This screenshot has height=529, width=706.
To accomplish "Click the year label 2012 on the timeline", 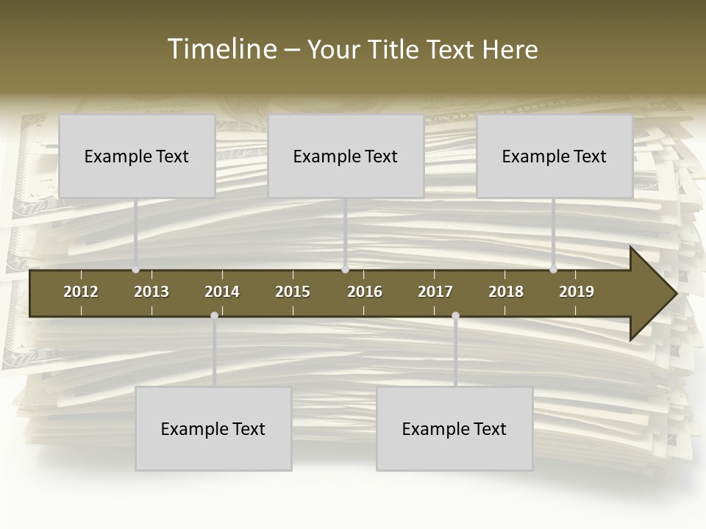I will tap(81, 292).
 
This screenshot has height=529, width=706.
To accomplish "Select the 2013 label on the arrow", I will tap(151, 292).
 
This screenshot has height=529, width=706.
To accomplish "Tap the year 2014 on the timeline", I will tap(222, 292).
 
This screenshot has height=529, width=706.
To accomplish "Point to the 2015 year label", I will tap(293, 292).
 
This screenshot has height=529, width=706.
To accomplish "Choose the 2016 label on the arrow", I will tap(365, 292).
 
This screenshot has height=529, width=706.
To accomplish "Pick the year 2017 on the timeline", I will tap(435, 292).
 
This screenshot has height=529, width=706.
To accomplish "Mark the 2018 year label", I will tap(506, 292).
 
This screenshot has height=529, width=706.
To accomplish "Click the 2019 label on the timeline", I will tap(577, 292).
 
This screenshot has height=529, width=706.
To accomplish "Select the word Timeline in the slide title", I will tap(221, 49).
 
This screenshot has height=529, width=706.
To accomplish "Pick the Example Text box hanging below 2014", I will tap(213, 428).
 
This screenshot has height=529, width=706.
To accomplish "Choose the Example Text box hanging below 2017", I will tap(454, 428).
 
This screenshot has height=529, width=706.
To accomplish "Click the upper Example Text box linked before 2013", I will tap(137, 156).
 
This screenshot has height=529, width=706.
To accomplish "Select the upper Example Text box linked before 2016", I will tap(346, 156).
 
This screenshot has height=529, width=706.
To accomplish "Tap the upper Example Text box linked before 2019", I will tap(555, 156).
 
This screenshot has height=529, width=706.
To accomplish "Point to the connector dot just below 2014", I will tap(214, 316).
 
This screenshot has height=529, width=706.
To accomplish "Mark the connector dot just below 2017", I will tap(455, 316).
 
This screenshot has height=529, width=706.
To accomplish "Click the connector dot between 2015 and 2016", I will tap(345, 270).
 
